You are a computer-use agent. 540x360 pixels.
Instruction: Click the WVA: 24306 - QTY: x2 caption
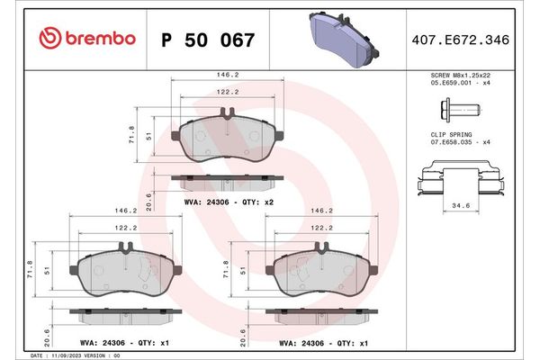pyautogui.click(x=228, y=202)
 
